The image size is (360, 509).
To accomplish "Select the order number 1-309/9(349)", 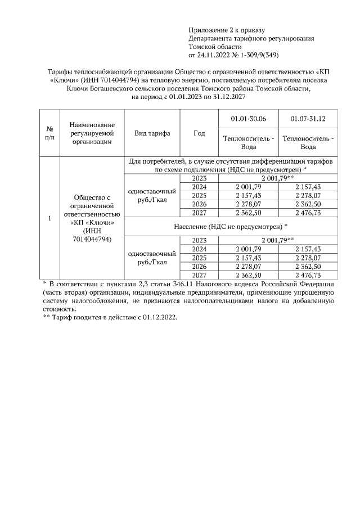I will click(256, 56).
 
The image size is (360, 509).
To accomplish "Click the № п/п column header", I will click(49, 133).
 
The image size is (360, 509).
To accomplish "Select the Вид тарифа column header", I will click(152, 133).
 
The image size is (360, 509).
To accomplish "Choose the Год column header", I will click(199, 133).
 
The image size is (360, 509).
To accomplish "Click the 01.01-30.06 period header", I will click(248, 119).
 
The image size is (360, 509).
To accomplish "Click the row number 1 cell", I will click(49, 218).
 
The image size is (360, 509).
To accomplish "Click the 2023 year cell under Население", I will click(199, 240).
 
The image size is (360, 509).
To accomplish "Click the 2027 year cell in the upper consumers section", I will click(199, 212).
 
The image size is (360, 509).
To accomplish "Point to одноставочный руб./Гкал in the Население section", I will click(152, 258).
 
